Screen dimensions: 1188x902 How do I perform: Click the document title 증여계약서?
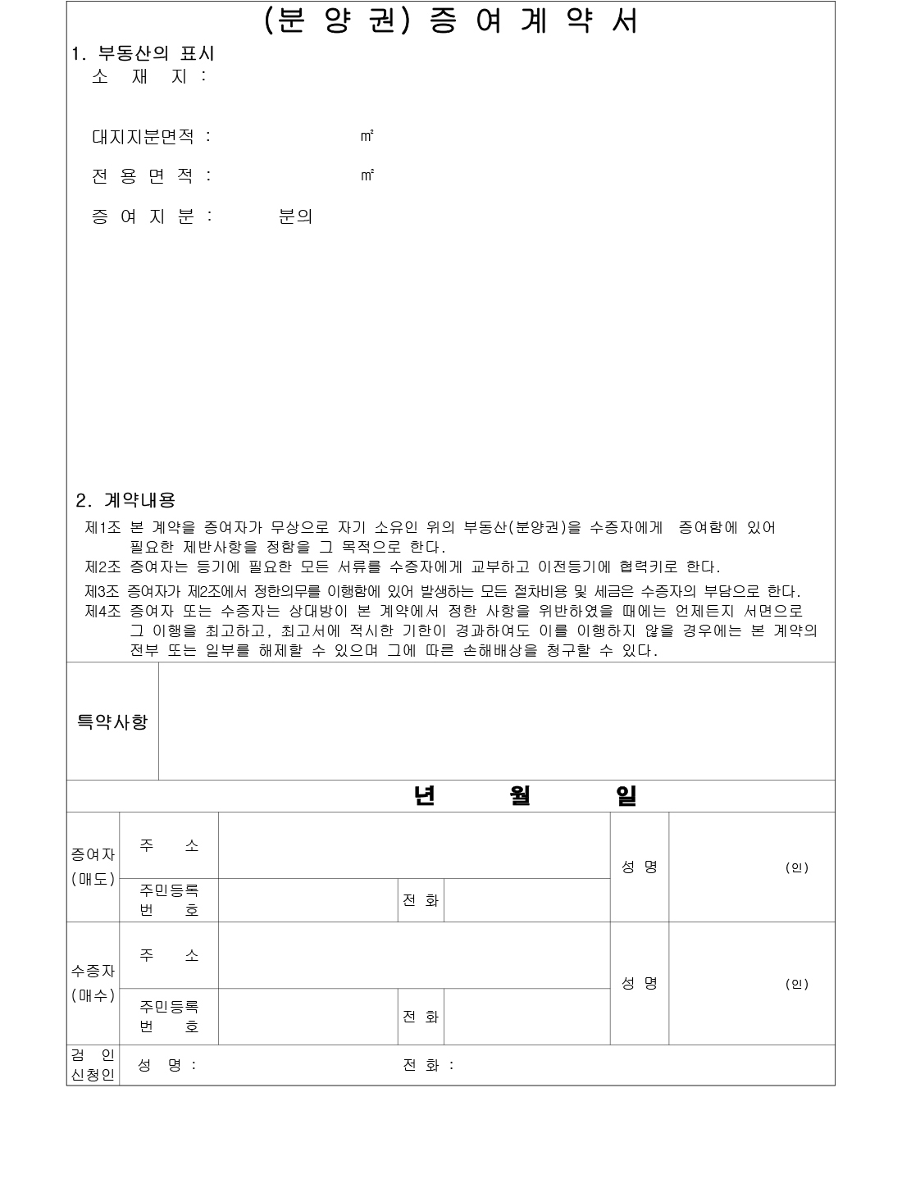451,22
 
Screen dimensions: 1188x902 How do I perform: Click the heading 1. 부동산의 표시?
143,54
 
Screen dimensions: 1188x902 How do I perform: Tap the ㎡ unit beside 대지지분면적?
367,136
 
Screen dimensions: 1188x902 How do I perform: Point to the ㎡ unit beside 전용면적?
367,175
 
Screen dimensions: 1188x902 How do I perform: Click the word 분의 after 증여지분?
295,217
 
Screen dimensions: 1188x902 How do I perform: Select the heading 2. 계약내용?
125,499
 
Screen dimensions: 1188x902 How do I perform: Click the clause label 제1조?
102,528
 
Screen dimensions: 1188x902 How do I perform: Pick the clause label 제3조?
102,591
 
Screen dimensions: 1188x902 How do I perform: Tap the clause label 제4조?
102,612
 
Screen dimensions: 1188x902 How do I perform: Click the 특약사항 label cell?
112,721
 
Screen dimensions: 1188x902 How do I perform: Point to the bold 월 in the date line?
519,796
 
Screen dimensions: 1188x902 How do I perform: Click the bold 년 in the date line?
424,796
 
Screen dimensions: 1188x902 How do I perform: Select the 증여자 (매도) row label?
93,867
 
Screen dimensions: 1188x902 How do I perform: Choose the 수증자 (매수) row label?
93,983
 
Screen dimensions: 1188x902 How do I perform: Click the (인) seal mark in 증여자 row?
796,867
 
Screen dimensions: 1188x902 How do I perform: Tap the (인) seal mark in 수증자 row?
796,984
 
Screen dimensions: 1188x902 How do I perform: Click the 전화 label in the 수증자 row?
421,1017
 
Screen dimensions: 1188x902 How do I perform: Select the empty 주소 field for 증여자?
414,845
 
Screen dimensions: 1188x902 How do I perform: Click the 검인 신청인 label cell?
93,1065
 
